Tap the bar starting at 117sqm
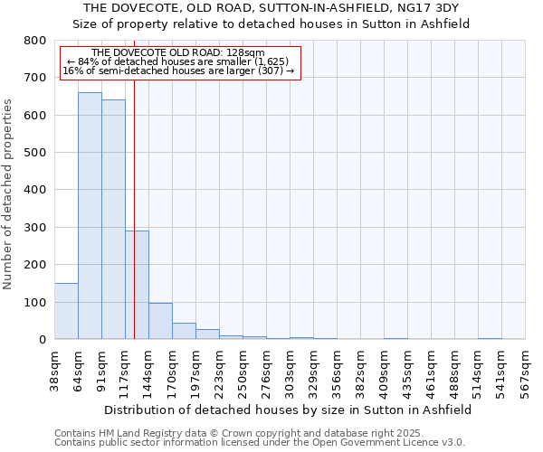pos(137,285)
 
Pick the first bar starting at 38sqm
pos(66,311)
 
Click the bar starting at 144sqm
pos(160,321)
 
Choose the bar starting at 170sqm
pos(184,331)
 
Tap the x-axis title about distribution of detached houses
pos(288,410)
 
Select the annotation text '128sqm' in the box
pos(247,53)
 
